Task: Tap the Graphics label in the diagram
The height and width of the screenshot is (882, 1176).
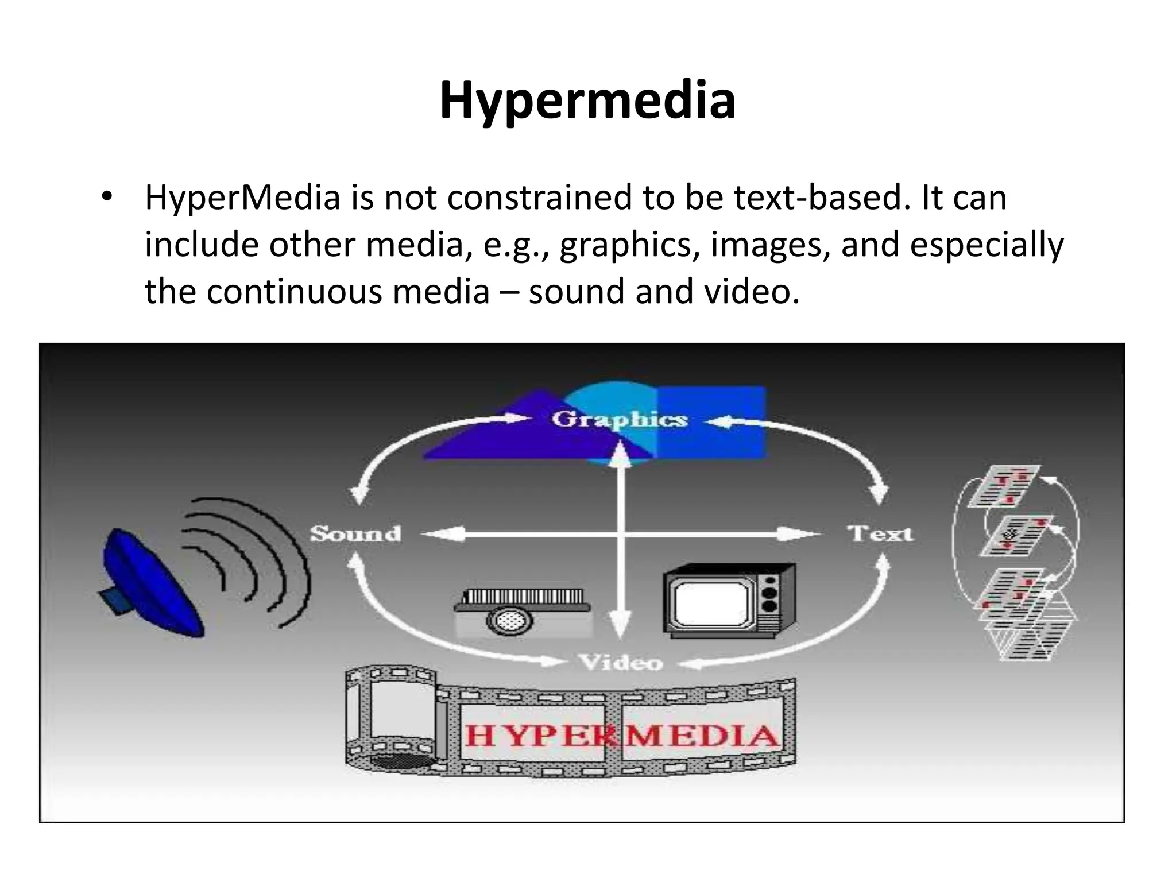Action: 620,419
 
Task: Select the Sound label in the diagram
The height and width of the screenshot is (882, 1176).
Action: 355,534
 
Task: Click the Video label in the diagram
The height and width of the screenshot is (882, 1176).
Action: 621,663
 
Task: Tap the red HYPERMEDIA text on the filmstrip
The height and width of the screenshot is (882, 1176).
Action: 621,736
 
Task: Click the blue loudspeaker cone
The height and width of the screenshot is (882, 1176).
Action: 152,583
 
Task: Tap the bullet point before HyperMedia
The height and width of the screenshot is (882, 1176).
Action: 106,198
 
